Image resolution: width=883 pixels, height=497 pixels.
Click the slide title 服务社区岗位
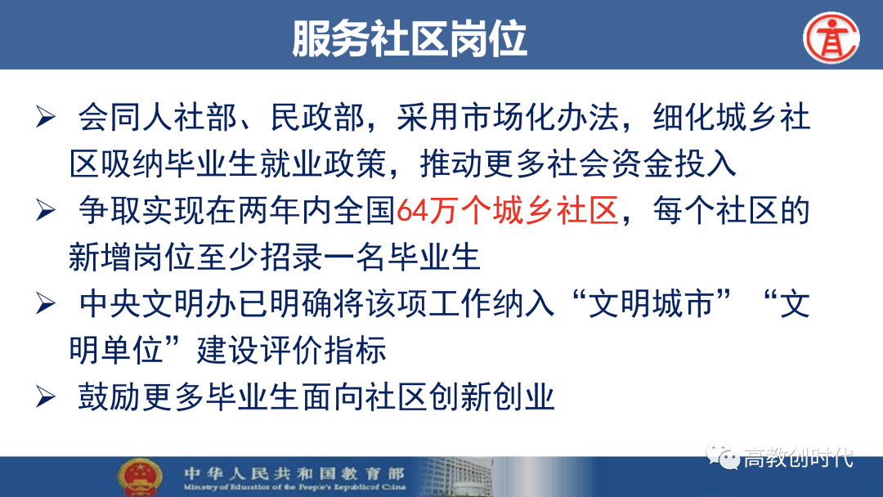pyautogui.click(x=410, y=38)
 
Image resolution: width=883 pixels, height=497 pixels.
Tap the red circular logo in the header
pyautogui.click(x=831, y=38)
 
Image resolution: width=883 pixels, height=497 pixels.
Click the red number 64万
pyautogui.click(x=428, y=211)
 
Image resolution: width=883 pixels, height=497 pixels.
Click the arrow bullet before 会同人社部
pyautogui.click(x=46, y=117)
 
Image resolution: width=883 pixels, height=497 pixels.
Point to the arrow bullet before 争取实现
pyautogui.click(x=46, y=211)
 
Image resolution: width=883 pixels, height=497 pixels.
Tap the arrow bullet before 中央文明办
pyautogui.click(x=46, y=304)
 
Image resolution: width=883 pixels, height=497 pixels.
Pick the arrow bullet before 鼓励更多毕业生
pyautogui.click(x=46, y=397)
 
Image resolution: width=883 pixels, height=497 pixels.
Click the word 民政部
pyautogui.click(x=317, y=118)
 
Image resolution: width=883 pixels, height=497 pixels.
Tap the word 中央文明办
pyautogui.click(x=157, y=305)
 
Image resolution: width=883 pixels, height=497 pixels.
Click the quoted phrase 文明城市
pyautogui.click(x=651, y=305)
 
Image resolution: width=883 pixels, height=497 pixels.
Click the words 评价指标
pyautogui.click(x=323, y=351)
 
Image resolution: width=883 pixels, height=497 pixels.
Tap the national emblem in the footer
pyautogui.click(x=141, y=477)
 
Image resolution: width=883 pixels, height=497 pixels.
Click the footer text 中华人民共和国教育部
pyautogui.click(x=294, y=473)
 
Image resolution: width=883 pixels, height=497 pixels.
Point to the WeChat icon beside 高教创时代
pyautogui.click(x=723, y=457)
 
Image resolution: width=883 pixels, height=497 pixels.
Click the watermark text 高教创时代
pyautogui.click(x=799, y=458)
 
